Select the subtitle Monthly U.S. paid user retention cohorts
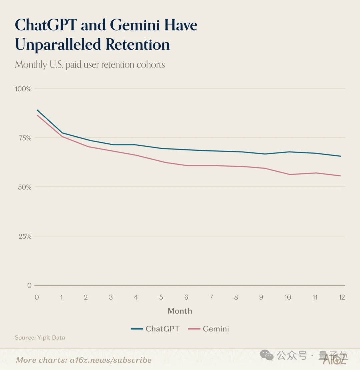pos(90,64)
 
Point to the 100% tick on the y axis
pos(23,89)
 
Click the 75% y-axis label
pos(24,138)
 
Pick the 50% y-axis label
pos(24,187)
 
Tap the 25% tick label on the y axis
pos(24,236)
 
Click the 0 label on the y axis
pos(29,286)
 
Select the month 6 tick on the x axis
pos(186,297)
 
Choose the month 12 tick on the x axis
pos(341,297)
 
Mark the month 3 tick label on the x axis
pos(111,297)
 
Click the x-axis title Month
pos(180,311)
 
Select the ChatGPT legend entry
pos(155,329)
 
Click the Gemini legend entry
pos(208,329)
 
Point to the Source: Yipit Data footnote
pos(40,338)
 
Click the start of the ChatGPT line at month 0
pos(37,110)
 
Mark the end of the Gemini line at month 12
pos(341,176)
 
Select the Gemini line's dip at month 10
pos(289,174)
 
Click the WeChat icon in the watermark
pos(267,355)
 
